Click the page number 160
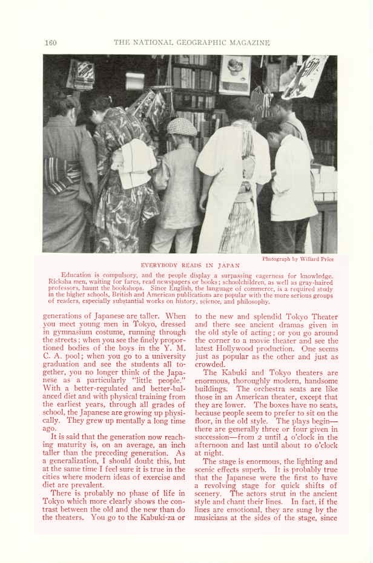[50, 42]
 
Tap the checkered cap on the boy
[181, 126]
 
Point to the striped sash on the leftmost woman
[62, 175]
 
